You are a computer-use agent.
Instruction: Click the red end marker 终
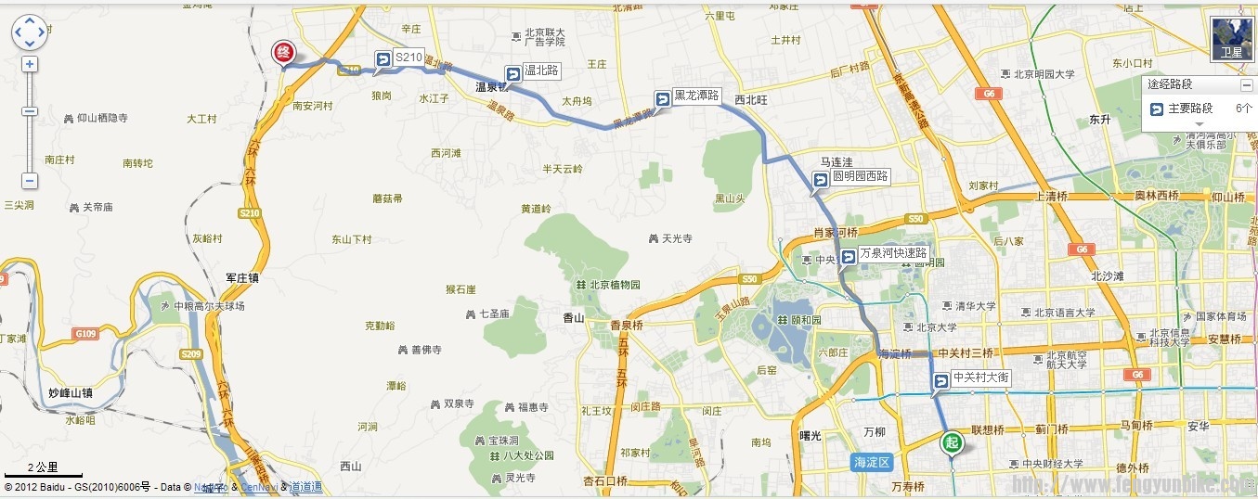coord(283,52)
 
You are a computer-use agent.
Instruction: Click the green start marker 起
coord(951,442)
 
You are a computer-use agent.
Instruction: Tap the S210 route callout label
coord(400,58)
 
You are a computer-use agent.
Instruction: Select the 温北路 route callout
coord(534,71)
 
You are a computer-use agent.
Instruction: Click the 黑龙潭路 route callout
coord(688,96)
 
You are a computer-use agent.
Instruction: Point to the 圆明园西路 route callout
coord(851,176)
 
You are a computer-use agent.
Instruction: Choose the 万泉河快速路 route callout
coord(885,253)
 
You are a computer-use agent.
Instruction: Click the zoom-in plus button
coord(30,64)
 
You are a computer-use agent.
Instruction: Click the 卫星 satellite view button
coord(1231,39)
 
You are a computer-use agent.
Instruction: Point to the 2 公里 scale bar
coord(43,469)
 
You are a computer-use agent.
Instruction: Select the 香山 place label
coord(574,317)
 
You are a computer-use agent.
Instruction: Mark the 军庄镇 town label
coord(242,277)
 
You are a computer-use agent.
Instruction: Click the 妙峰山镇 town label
coord(71,393)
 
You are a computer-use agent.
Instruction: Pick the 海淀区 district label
coord(871,461)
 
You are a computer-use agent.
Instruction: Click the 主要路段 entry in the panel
coord(1189,109)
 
